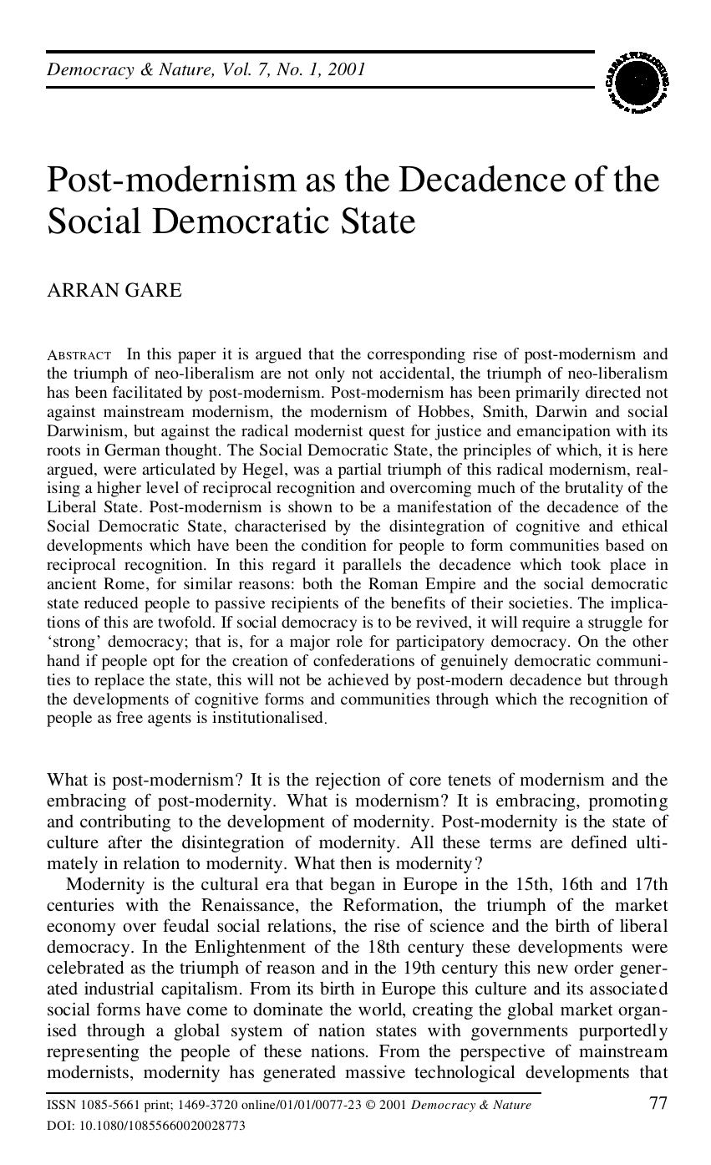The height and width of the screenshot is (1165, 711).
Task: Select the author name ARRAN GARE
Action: [114, 290]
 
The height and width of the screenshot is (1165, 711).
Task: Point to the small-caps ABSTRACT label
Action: [79, 355]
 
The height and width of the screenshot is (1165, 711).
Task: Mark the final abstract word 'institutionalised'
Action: [267, 718]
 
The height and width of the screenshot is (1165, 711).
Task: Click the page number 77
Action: [658, 1103]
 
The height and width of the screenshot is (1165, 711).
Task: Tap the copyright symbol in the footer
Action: [370, 1105]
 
